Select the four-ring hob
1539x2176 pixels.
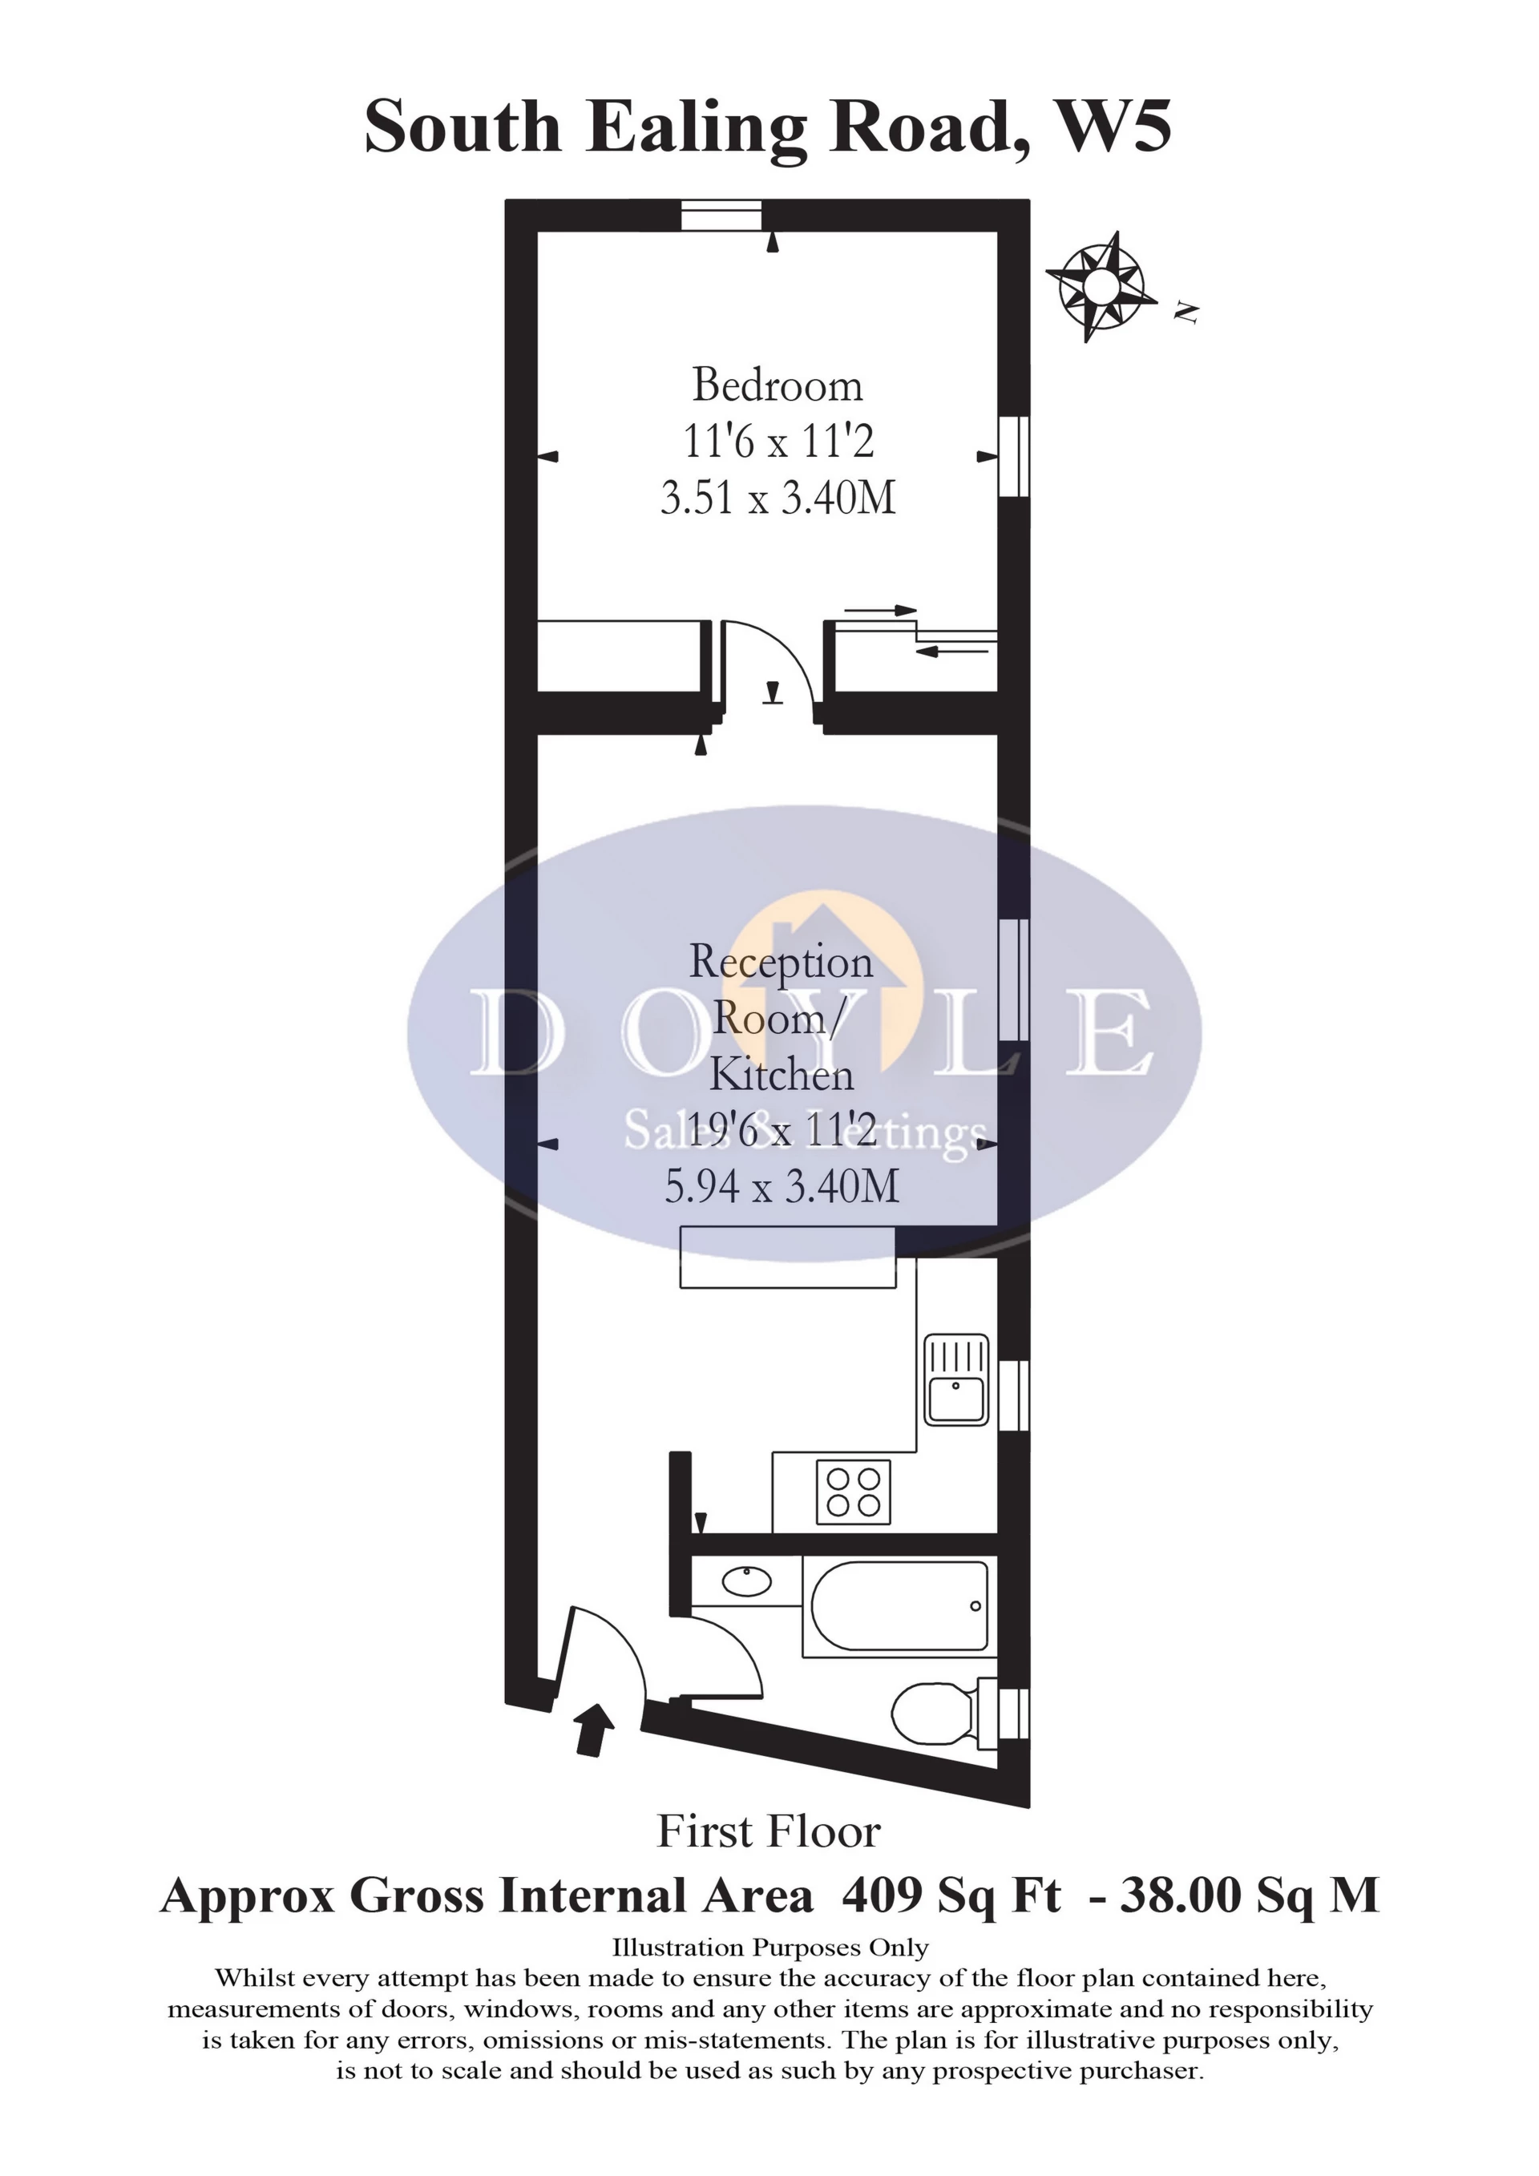(x=853, y=1492)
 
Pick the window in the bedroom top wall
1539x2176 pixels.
(x=721, y=214)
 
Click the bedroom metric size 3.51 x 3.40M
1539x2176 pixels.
(x=778, y=499)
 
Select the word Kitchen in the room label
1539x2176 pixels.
(x=782, y=1074)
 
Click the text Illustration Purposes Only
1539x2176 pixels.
(x=769, y=1948)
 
